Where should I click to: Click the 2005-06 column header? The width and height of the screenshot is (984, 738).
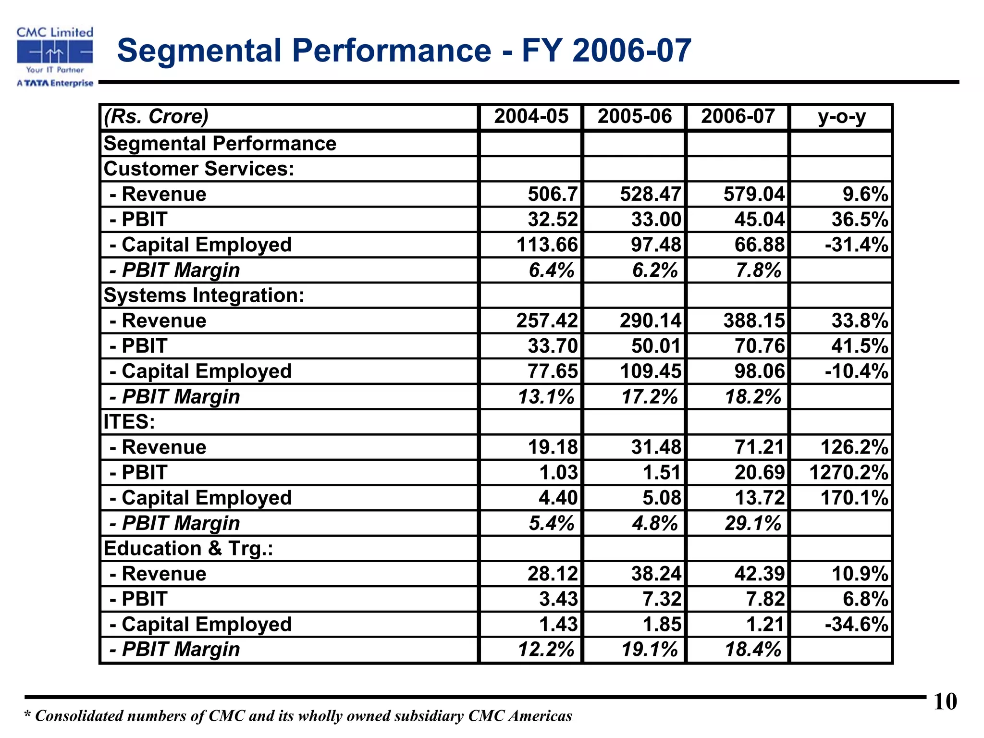point(634,117)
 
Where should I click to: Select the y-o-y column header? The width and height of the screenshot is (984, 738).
point(842,117)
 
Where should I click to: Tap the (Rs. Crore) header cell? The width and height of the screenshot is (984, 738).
point(157,117)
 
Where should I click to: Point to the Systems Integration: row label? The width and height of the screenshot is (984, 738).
point(204,295)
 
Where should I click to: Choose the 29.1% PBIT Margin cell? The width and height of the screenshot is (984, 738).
point(753,523)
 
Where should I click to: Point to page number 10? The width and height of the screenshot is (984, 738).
point(945,702)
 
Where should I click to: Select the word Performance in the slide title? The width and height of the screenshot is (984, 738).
point(392,50)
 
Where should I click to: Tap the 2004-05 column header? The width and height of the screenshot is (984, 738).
point(531,117)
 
